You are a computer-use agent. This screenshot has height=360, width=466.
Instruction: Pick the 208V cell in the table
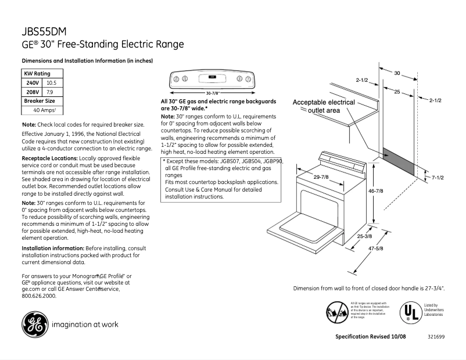(x=33, y=92)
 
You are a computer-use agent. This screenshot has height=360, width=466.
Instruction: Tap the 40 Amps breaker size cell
(x=44, y=110)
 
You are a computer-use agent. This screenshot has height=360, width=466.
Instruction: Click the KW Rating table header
(x=37, y=74)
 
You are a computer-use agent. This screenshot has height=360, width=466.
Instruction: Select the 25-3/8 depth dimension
(x=364, y=236)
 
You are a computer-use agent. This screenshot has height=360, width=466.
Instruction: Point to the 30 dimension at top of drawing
(x=397, y=73)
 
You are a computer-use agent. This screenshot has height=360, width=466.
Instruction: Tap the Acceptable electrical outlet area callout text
(x=323, y=106)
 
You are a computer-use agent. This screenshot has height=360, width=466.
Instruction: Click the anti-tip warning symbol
(x=337, y=312)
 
